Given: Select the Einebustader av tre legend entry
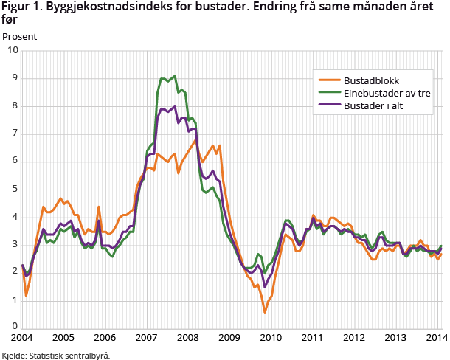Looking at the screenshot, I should point(387,93).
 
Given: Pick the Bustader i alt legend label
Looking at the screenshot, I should point(378,105).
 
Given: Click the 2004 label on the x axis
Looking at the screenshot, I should point(22,338).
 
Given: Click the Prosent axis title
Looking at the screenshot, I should point(20,35).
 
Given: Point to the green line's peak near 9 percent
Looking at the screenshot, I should point(174,75).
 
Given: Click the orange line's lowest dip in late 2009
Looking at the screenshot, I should point(265,312).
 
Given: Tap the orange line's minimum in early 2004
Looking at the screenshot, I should point(27,295).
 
